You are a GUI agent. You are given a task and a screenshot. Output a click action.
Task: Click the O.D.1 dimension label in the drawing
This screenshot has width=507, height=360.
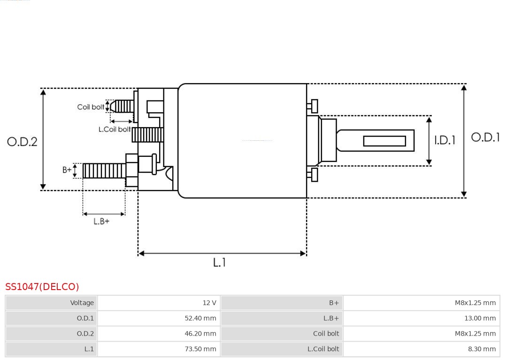pyautogui.click(x=485, y=137)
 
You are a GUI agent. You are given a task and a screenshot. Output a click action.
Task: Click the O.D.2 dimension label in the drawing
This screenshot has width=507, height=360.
pyautogui.click(x=22, y=141)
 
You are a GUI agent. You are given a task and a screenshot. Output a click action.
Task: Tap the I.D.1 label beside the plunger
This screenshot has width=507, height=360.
pyautogui.click(x=444, y=140)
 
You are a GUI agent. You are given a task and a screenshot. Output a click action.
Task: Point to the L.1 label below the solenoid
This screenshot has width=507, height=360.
pyautogui.click(x=219, y=262)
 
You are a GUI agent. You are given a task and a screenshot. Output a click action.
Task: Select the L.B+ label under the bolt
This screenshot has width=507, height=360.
pyautogui.click(x=101, y=221)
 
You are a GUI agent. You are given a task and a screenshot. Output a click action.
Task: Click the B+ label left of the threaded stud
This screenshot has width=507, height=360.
pyautogui.click(x=67, y=170)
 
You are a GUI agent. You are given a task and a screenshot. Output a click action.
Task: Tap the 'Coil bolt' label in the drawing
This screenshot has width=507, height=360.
pyautogui.click(x=91, y=107)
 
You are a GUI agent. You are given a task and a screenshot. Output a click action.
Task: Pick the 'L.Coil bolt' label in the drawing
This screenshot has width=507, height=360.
pyautogui.click(x=114, y=129)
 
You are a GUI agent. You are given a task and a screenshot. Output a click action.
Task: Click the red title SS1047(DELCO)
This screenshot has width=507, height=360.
pyautogui.click(x=42, y=286)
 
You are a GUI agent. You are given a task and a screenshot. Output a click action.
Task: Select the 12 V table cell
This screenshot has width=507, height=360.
pyautogui.click(x=159, y=303)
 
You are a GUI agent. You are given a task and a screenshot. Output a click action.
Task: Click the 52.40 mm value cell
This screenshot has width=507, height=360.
pyautogui.click(x=159, y=318)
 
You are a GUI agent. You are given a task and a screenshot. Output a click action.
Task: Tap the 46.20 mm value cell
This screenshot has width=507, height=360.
pyautogui.click(x=159, y=334)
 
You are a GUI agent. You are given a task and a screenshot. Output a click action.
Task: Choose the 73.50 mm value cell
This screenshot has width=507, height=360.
pyautogui.click(x=159, y=349)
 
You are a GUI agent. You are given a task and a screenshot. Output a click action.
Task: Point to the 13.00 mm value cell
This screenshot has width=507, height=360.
pyautogui.click(x=421, y=318)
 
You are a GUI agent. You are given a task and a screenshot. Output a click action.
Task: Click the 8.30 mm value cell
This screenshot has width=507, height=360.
pyautogui.click(x=421, y=349)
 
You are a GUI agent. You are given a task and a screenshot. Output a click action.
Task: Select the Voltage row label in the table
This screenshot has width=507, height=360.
pyautogui.click(x=51, y=303)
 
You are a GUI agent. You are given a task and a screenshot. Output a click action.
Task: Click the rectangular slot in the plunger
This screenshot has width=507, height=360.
pyautogui.click(x=384, y=141)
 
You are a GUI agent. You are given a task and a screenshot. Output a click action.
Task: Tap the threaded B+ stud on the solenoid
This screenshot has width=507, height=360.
pyautogui.click(x=104, y=171)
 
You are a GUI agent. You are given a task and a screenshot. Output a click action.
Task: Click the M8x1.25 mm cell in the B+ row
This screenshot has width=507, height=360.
pyautogui.click(x=421, y=303)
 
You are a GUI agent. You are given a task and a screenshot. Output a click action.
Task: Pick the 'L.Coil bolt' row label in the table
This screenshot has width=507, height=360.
pyautogui.click(x=281, y=349)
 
